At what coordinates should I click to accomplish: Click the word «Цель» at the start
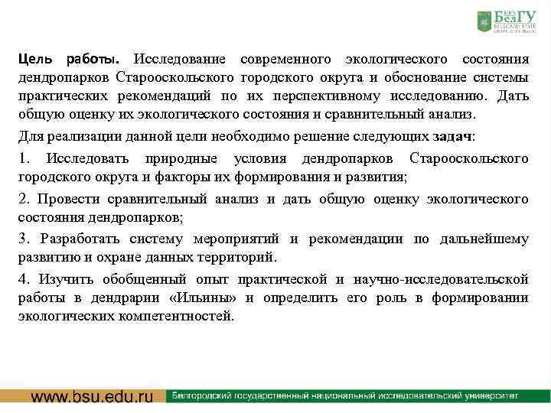point(35,60)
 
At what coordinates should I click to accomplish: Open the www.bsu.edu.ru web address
point(92,397)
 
